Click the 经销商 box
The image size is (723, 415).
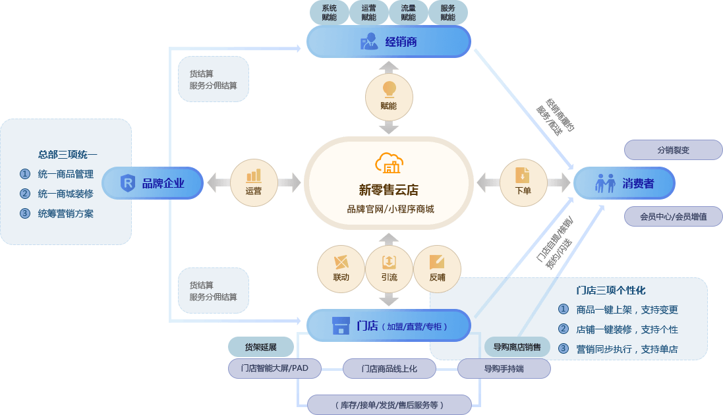[388, 41]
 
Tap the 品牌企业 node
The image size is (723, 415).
[153, 183]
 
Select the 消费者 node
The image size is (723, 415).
[624, 183]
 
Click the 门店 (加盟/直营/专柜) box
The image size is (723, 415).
[389, 325]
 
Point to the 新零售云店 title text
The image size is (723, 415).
[388, 190]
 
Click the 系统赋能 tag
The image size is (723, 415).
[329, 13]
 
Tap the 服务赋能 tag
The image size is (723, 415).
[448, 13]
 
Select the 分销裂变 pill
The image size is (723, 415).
[673, 150]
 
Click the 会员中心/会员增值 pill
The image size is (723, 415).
[673, 216]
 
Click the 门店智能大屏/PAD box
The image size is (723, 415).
[275, 368]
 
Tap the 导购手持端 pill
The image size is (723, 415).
[504, 368]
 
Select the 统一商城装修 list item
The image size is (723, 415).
[65, 194]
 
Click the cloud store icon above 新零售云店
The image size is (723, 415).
[388, 163]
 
